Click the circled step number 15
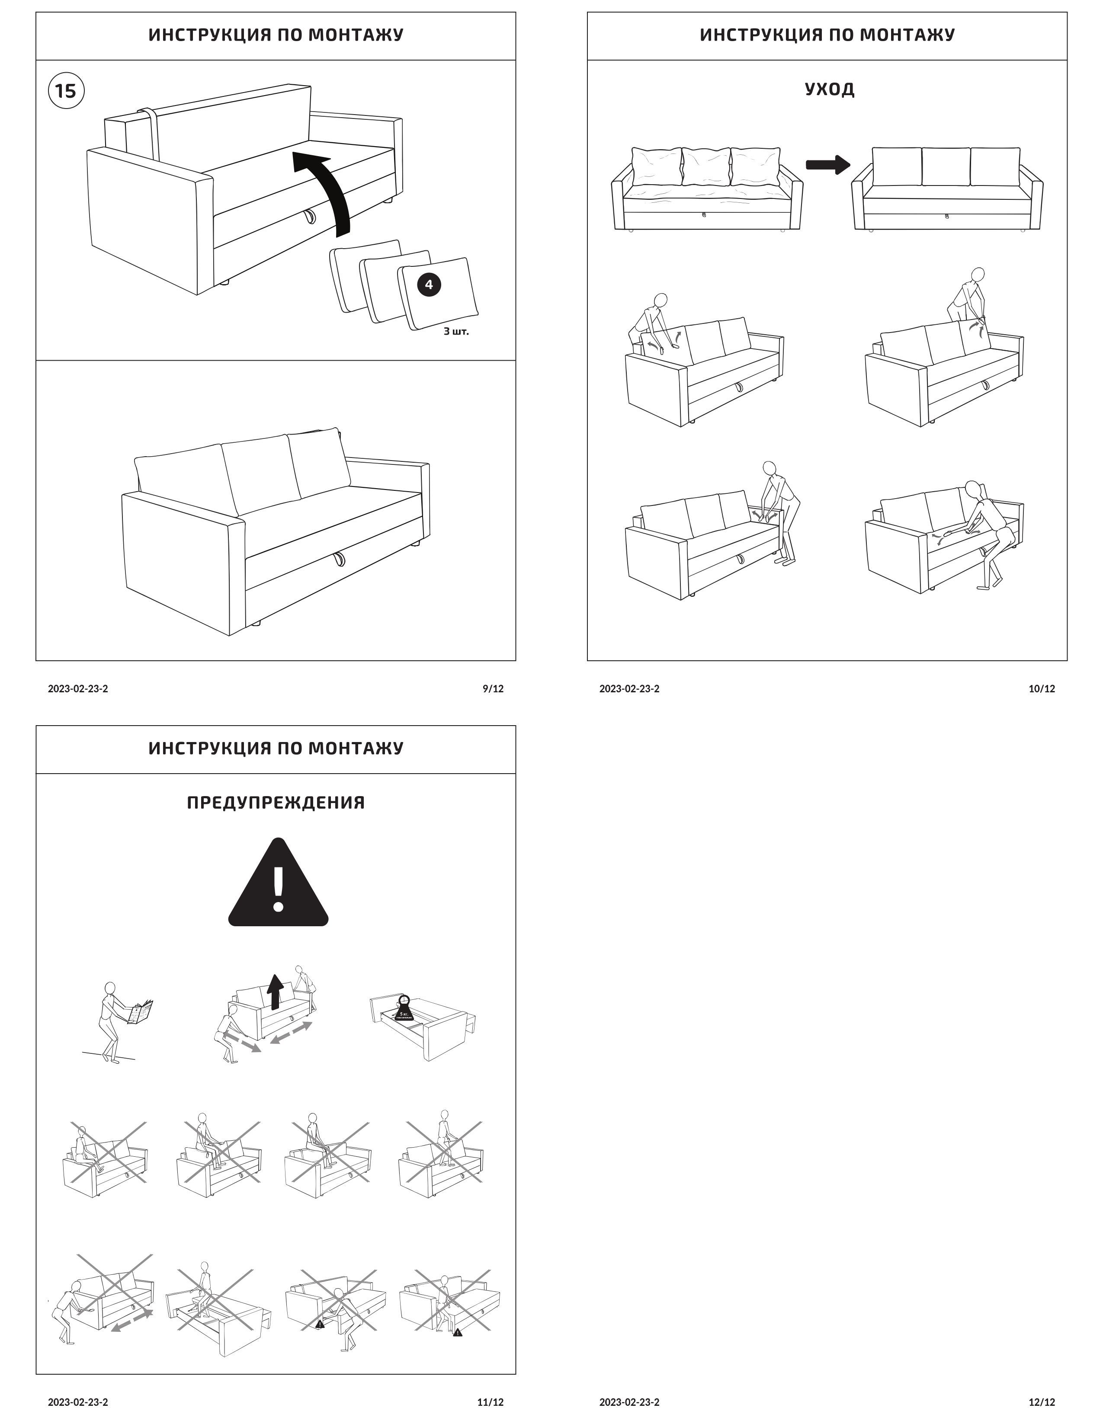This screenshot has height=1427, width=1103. click(x=66, y=90)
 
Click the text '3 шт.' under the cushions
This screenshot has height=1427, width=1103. click(x=456, y=331)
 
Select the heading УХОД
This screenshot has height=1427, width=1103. click(x=829, y=89)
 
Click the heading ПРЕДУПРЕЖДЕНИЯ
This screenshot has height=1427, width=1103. click(x=276, y=802)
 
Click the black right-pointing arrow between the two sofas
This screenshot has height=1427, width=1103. click(x=827, y=165)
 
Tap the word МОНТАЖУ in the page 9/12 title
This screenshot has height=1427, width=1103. click(x=356, y=35)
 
